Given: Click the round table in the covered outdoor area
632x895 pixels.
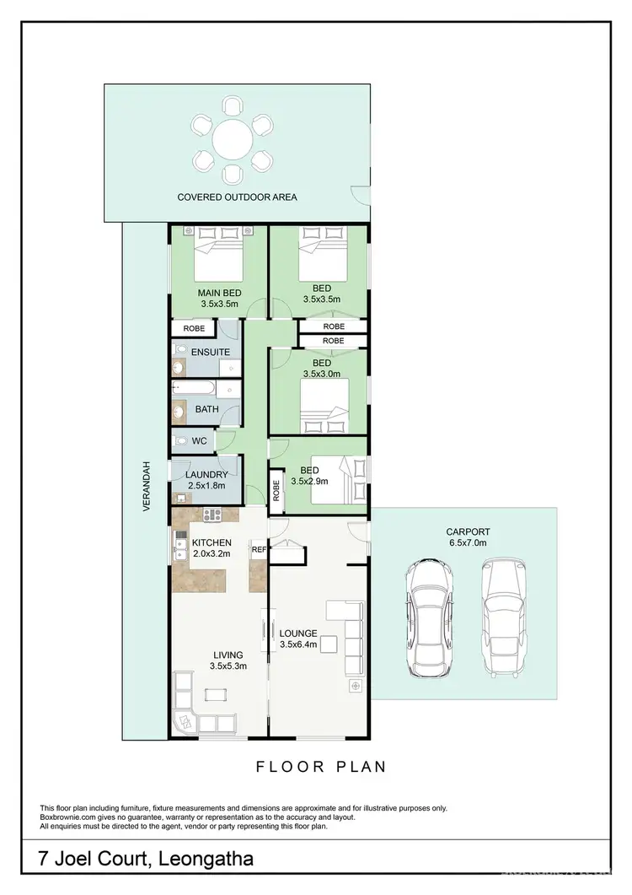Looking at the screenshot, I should (232, 139).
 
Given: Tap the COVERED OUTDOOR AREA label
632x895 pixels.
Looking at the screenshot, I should (237, 197).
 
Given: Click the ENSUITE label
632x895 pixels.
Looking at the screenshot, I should (210, 352).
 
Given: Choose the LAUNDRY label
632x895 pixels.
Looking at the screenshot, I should (206, 474).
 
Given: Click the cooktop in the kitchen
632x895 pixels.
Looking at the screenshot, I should (211, 514).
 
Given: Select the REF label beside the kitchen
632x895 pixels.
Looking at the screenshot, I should (258, 549).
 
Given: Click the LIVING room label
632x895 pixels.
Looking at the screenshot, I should (228, 654).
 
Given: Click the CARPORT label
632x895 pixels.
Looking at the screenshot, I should (468, 531).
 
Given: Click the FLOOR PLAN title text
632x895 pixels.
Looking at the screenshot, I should (321, 767).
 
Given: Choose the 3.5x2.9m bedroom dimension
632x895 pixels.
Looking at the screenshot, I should (310, 483).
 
